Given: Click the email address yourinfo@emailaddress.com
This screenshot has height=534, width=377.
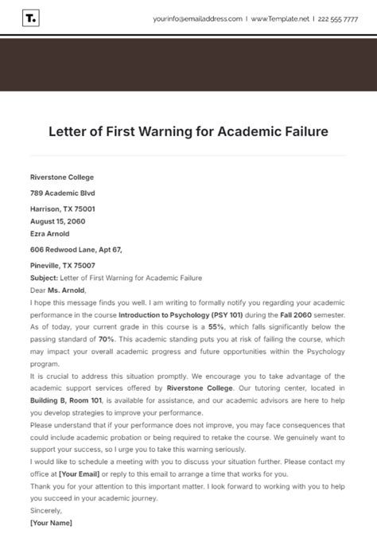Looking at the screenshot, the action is tap(198, 18).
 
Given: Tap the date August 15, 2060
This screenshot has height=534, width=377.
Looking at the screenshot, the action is tap(57, 221).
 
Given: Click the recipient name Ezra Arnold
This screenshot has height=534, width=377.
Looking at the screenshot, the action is tap(49, 234).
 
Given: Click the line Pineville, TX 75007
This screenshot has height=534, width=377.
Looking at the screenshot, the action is tap(62, 266).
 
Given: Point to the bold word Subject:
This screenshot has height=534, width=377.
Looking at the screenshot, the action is tap(45, 278).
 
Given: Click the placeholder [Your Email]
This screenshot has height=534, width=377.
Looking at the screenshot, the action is tap(79, 473).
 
